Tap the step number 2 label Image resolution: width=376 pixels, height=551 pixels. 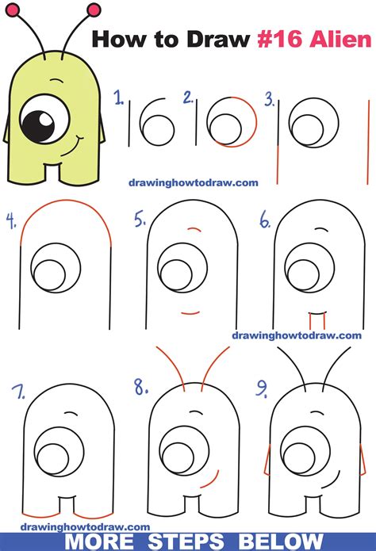(189, 98)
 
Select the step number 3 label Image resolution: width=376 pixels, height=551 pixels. (269, 99)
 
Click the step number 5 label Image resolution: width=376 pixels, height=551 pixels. (140, 220)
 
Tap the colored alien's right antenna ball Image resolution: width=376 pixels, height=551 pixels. (94, 10)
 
